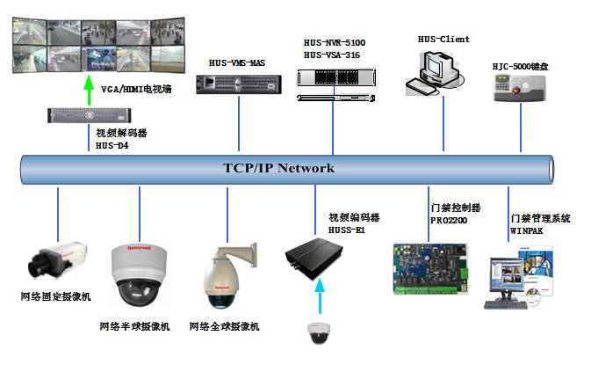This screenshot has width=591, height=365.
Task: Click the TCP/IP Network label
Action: (278, 168)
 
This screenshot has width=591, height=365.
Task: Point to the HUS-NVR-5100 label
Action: (334, 41)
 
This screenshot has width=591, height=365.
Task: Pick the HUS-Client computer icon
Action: (431, 71)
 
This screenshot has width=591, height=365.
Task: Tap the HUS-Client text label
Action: (443, 39)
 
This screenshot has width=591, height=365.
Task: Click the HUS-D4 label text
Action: (112, 146)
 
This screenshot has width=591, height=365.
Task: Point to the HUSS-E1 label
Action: (346, 230)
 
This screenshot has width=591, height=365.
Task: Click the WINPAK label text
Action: (528, 231)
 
